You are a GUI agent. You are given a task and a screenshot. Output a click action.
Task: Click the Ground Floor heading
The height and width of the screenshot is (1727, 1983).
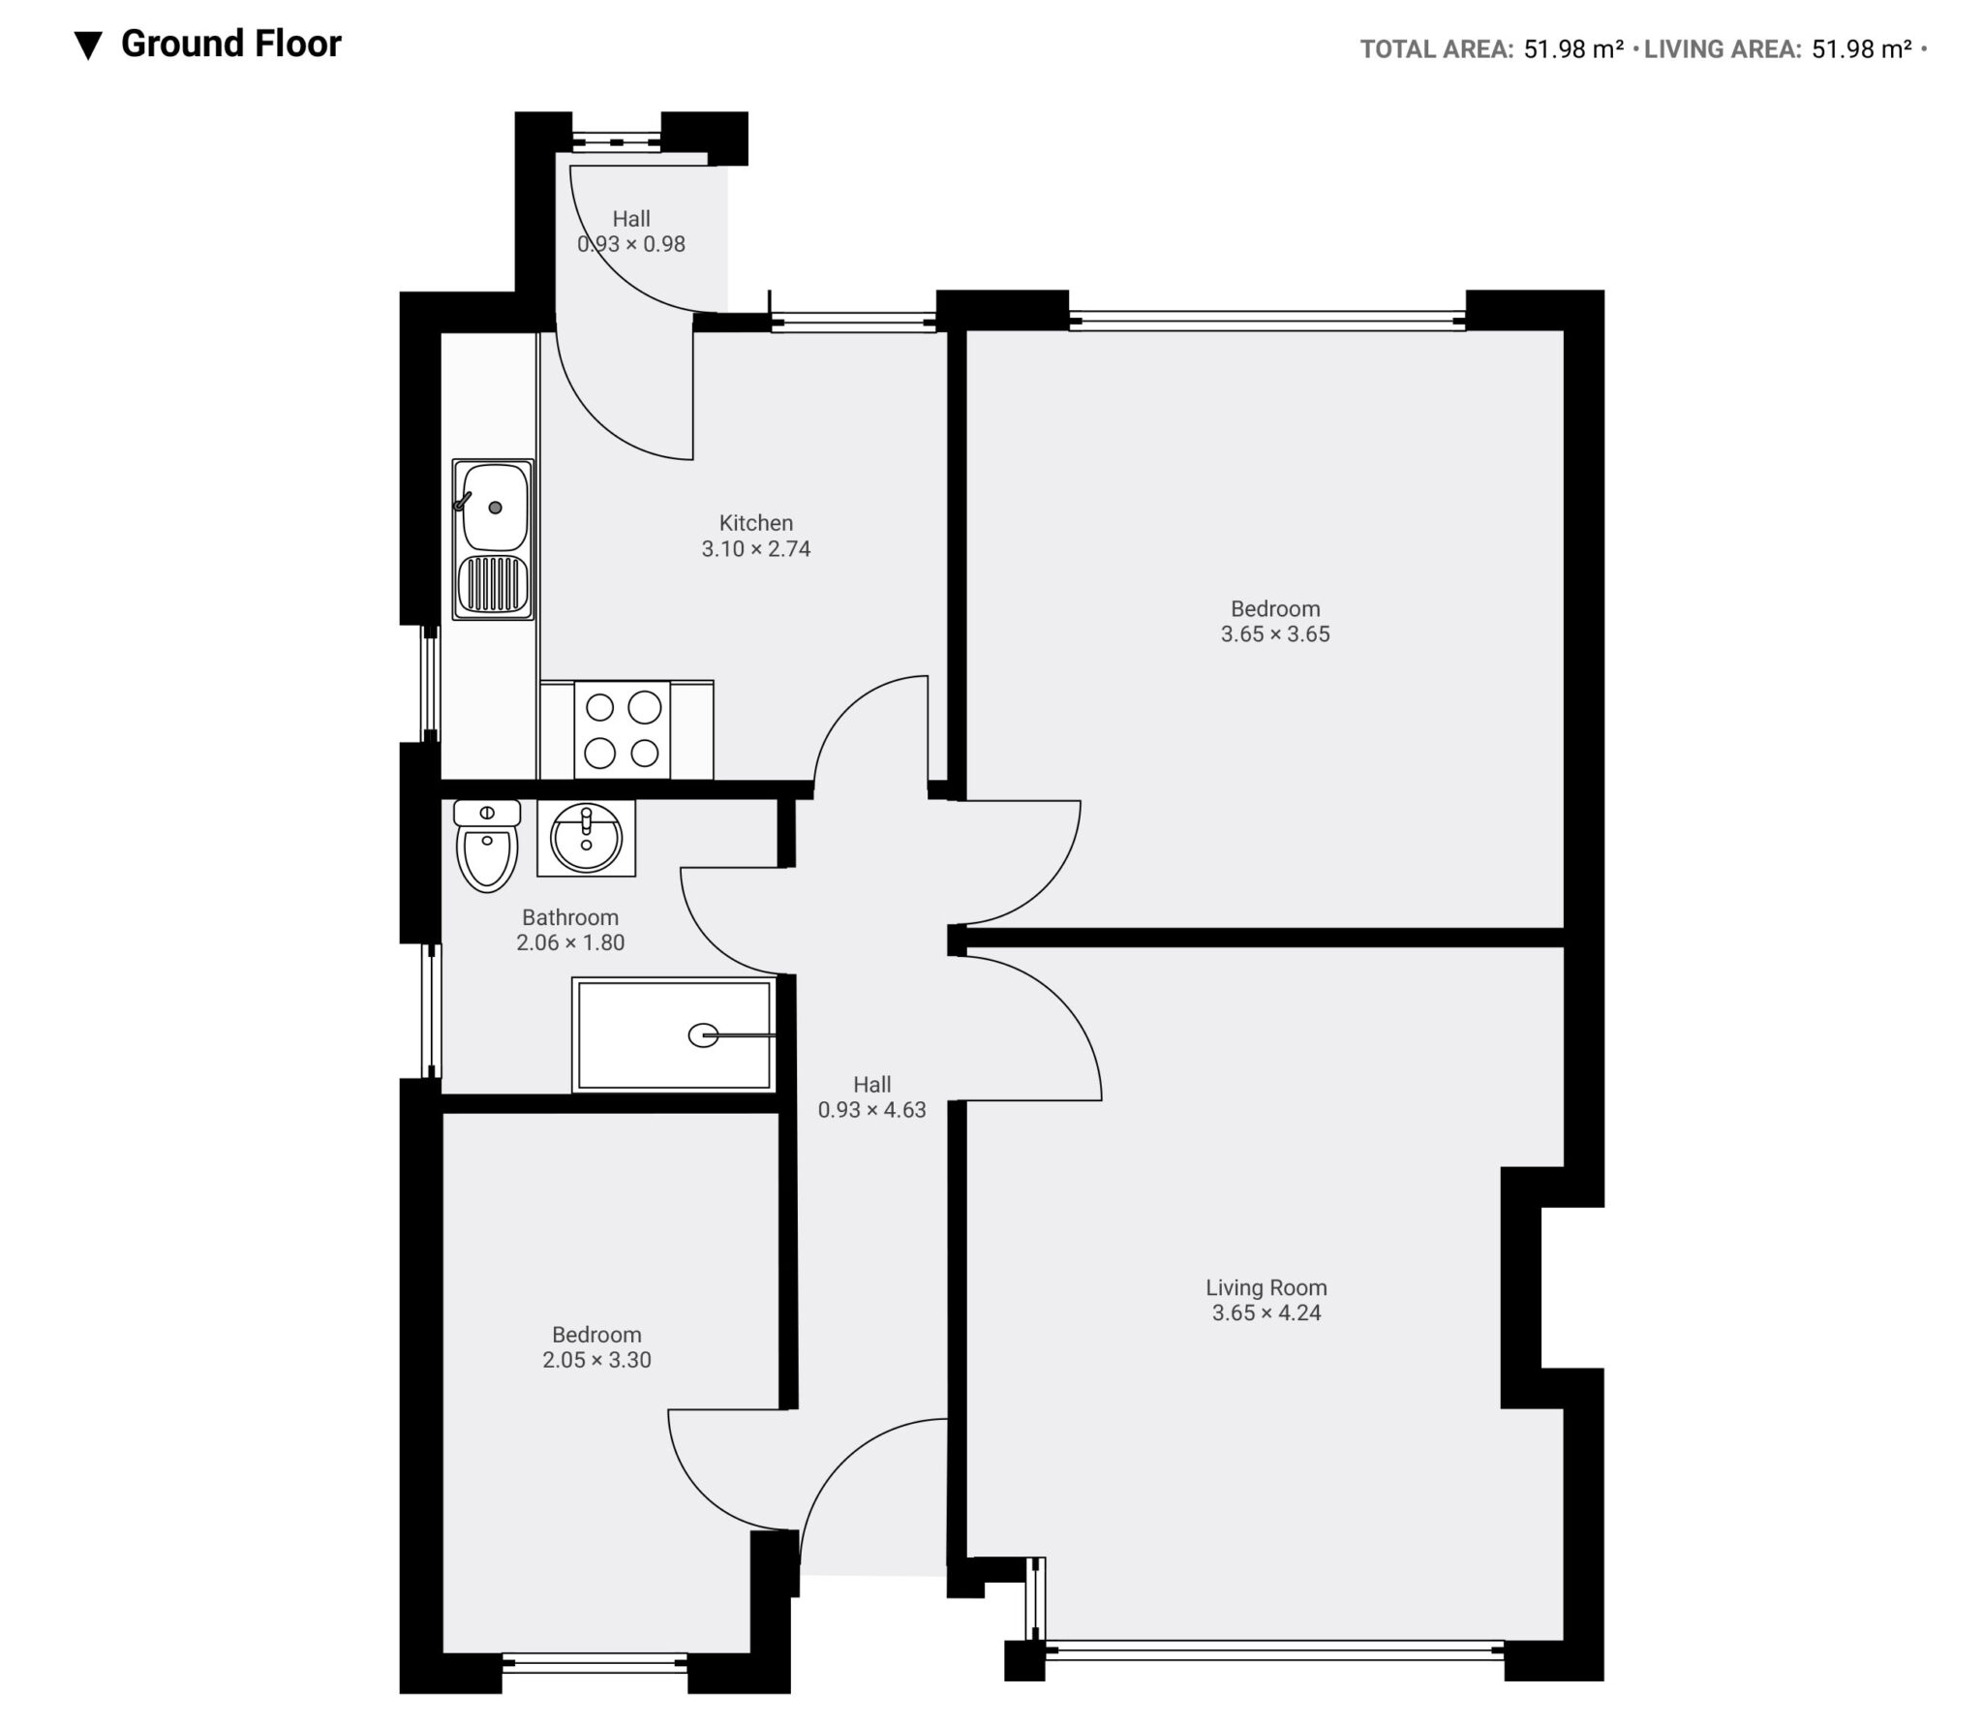tap(231, 45)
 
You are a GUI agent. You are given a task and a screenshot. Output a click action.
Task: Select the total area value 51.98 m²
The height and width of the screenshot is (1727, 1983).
tap(1573, 49)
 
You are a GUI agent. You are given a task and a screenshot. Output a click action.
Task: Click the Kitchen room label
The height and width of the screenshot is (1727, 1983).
tap(756, 523)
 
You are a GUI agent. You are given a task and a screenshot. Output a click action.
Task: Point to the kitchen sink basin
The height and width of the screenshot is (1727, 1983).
tap(496, 507)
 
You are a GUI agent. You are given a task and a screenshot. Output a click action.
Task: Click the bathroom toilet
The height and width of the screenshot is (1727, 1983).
tap(487, 846)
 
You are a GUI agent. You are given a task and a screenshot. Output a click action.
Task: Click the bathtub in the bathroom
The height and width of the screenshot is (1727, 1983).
tap(675, 1035)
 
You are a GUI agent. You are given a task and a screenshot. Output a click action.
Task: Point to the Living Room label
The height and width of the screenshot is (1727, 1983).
tap(1266, 1287)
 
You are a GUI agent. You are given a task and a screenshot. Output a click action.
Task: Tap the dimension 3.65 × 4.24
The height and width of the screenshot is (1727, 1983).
tap(1266, 1313)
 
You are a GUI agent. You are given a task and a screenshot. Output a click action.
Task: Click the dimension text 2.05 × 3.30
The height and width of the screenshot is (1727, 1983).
tap(596, 1360)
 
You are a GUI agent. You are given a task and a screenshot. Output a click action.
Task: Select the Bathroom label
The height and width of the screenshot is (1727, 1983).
tap(570, 917)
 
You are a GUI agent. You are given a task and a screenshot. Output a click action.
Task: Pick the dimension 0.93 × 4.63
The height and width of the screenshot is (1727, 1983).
tap(872, 1110)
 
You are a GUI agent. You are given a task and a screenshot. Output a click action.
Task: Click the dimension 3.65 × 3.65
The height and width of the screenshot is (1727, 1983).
tap(1275, 634)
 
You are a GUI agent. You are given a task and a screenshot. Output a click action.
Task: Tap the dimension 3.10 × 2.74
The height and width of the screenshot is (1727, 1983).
tap(756, 549)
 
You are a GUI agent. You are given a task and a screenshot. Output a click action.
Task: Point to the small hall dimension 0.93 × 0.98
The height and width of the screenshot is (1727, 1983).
tap(631, 244)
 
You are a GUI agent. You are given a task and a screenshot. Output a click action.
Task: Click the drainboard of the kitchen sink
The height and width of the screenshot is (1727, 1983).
tap(494, 584)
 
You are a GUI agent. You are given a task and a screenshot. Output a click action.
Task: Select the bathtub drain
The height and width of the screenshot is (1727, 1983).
tap(704, 1035)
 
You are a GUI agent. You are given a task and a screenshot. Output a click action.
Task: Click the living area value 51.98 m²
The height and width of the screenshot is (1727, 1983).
tap(1862, 49)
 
